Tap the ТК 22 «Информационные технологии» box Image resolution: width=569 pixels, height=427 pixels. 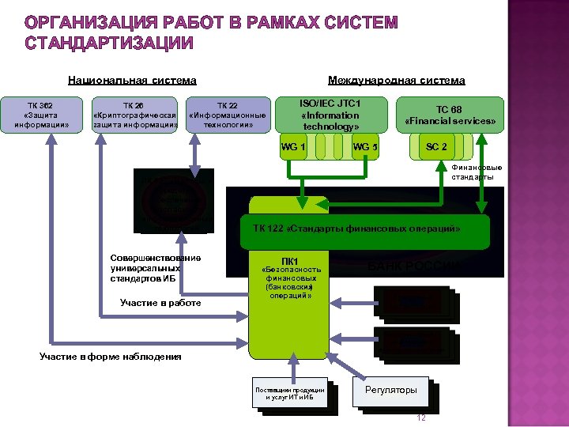click(x=227, y=115)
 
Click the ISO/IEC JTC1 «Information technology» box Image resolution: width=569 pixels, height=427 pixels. click(x=330, y=115)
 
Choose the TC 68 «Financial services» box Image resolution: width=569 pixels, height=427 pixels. click(x=450, y=116)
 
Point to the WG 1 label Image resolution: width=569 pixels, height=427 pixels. click(x=294, y=147)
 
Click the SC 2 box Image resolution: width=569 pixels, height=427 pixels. click(x=437, y=147)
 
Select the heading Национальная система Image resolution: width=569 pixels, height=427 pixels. click(x=132, y=80)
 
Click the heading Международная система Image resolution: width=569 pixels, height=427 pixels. click(x=396, y=80)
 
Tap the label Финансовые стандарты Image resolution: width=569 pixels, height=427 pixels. click(x=477, y=172)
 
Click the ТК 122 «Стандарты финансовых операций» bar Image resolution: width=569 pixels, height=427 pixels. click(x=356, y=229)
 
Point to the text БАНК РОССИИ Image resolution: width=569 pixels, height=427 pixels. click(x=411, y=265)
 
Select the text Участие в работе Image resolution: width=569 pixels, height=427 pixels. click(x=160, y=303)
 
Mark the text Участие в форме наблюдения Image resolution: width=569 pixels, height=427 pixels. click(x=110, y=357)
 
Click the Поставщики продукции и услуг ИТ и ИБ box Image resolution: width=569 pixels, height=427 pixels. click(x=289, y=393)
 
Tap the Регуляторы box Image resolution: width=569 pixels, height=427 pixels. click(x=390, y=390)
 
